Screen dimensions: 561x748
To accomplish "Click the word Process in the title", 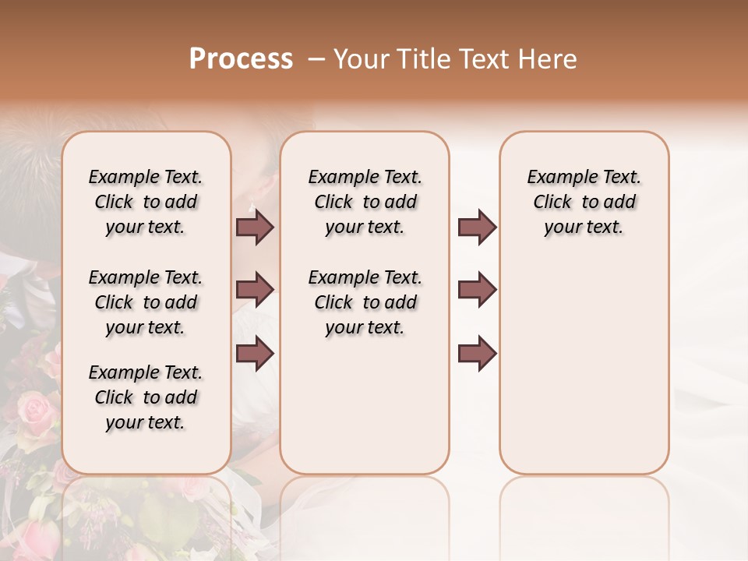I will pyautogui.click(x=241, y=59).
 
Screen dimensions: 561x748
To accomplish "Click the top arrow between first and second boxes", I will pyautogui.click(x=255, y=227).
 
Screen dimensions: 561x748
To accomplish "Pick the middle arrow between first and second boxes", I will pyautogui.click(x=255, y=290).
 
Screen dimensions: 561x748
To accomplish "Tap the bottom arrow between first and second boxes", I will pyautogui.click(x=255, y=354).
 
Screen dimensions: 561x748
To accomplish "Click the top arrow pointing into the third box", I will pyautogui.click(x=477, y=227).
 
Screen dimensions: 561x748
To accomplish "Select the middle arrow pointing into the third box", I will pyautogui.click(x=477, y=290).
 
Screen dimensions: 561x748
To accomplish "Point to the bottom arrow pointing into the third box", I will pyautogui.click(x=477, y=354).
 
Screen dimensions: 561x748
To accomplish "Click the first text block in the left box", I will pyautogui.click(x=146, y=202).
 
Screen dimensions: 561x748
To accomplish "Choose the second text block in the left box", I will pyautogui.click(x=146, y=302).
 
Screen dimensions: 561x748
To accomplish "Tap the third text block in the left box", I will pyautogui.click(x=146, y=397).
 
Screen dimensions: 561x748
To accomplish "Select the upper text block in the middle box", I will pyautogui.click(x=365, y=202).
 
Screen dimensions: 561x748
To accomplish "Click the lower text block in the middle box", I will pyautogui.click(x=365, y=302).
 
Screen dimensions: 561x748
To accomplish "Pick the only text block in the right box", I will pyautogui.click(x=584, y=202).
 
